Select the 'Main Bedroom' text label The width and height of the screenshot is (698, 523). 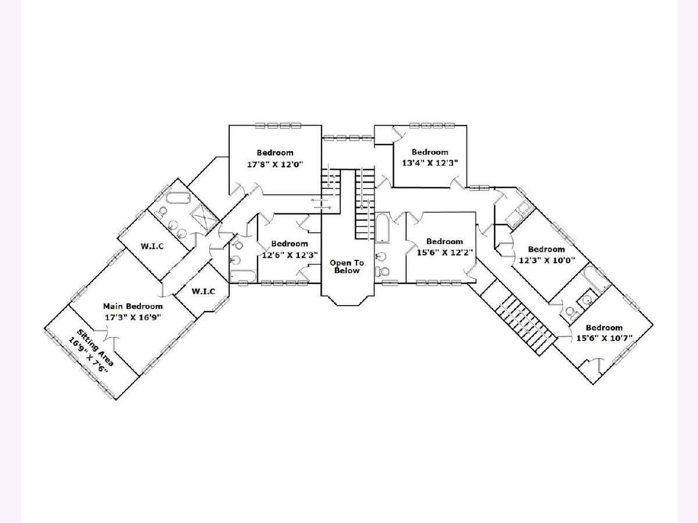click(133, 306)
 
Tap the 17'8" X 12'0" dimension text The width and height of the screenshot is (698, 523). click(275, 164)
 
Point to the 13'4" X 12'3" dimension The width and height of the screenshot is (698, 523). click(430, 163)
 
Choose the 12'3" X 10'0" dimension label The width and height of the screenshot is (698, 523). click(547, 260)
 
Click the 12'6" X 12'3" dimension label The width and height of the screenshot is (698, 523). click(289, 255)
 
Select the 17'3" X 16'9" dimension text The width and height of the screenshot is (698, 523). click(133, 317)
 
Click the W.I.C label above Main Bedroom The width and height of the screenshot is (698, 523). click(152, 246)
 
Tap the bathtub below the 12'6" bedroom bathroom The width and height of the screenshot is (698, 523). click(243, 276)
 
